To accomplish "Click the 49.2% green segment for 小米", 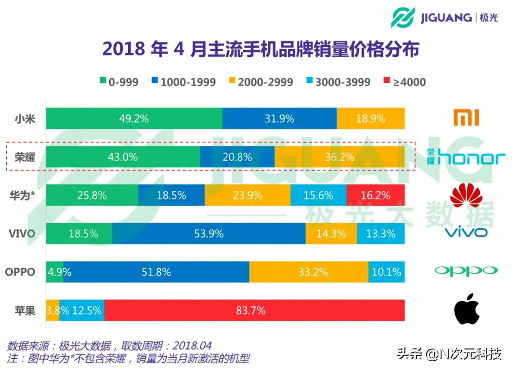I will point(134,119).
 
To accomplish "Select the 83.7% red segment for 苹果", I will point(254,310).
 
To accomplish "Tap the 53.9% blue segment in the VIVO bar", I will point(209,234).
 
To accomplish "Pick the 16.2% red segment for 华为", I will point(375,195).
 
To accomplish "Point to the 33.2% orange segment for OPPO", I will point(309,272).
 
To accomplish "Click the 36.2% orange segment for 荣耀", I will point(339,157).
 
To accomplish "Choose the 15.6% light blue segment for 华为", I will point(318,195).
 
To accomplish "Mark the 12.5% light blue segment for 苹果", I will point(82,310).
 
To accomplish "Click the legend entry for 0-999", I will point(118,82).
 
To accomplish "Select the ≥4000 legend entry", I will point(404,82).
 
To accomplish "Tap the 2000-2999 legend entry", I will point(260,82).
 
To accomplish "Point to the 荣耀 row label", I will point(25,157).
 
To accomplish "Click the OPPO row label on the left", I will point(20,272).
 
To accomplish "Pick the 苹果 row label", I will point(25,310).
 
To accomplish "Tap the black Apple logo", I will point(466,309).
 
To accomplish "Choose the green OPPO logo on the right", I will point(466,271).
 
